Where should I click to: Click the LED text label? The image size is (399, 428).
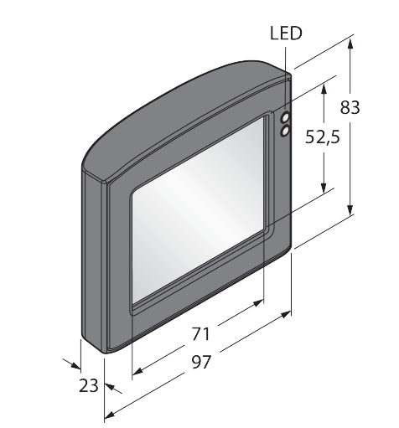click(x=286, y=34)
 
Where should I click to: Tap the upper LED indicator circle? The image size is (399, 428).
click(x=286, y=116)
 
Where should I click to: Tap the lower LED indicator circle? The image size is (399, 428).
click(x=285, y=131)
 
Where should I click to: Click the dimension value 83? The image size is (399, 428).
click(x=350, y=107)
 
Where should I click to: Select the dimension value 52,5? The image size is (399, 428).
click(x=323, y=137)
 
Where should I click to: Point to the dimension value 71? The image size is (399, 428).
click(x=200, y=334)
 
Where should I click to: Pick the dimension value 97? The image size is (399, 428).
click(x=201, y=362)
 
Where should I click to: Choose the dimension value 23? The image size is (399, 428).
click(x=89, y=385)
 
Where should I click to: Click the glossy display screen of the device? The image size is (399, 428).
click(x=198, y=209)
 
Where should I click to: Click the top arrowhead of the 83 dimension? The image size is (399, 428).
click(x=350, y=44)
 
